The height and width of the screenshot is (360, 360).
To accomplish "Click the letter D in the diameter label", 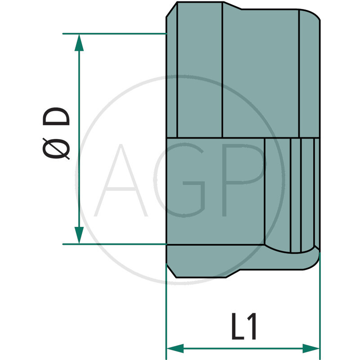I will pyautogui.click(x=57, y=117).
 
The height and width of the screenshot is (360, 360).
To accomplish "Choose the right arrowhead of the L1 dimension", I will pyautogui.click(x=311, y=348).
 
